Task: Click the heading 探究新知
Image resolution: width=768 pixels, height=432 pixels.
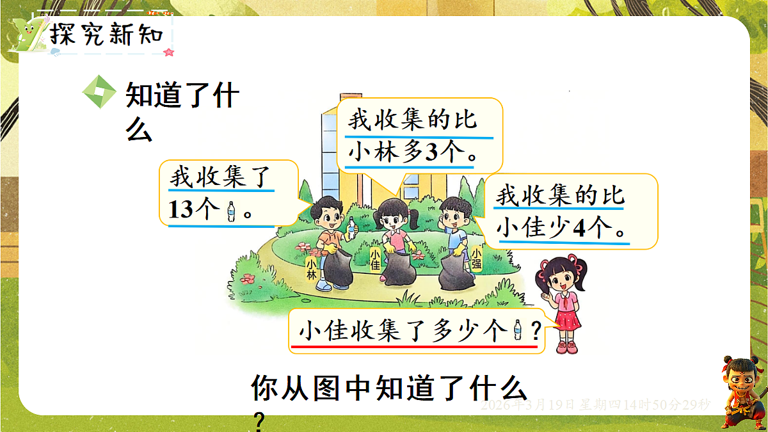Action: tap(107, 35)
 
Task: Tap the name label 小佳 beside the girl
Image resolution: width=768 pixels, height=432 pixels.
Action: tap(376, 259)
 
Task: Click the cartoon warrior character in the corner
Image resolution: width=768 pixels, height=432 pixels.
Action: tap(742, 391)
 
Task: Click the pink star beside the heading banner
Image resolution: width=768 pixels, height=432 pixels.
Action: tap(169, 52)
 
